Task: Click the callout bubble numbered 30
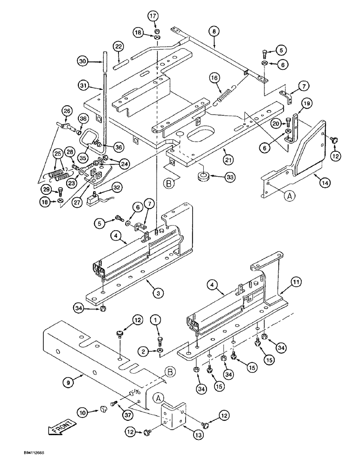pyautogui.click(x=83, y=61)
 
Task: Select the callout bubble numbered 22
pyautogui.click(x=119, y=47)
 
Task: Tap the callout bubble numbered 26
pyautogui.click(x=67, y=110)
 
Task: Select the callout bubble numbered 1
pyautogui.click(x=155, y=320)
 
